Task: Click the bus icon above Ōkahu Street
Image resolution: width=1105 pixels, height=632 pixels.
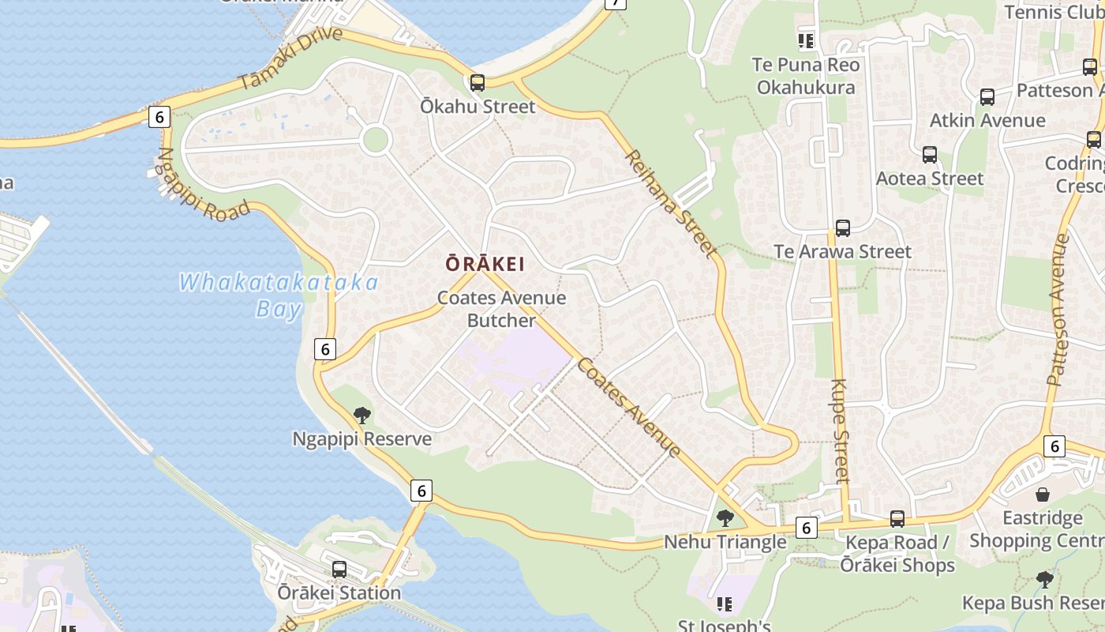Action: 477,83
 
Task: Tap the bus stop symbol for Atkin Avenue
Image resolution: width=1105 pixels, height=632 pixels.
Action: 987,97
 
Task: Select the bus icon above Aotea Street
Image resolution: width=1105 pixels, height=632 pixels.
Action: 929,155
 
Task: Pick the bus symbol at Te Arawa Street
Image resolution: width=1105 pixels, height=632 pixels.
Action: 842,228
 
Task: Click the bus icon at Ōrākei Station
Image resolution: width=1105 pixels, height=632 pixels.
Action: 339,569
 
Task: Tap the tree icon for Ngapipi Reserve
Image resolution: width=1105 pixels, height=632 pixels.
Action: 362,416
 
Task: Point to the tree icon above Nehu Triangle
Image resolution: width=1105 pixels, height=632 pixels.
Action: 725,518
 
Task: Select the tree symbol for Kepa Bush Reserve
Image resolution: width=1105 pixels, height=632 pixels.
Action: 1045,579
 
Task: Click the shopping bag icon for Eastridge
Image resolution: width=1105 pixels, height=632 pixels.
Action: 1043,495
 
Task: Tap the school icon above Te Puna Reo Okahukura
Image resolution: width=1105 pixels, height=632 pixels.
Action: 805,41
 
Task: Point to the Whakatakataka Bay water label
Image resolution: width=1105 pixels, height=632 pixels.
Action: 279,295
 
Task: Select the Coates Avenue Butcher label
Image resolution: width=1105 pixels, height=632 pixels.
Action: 501,309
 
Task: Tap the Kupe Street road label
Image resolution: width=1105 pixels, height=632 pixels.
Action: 840,431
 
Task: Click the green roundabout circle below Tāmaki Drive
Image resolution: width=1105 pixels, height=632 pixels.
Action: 375,141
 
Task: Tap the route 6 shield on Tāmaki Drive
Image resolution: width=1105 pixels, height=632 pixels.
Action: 159,117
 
